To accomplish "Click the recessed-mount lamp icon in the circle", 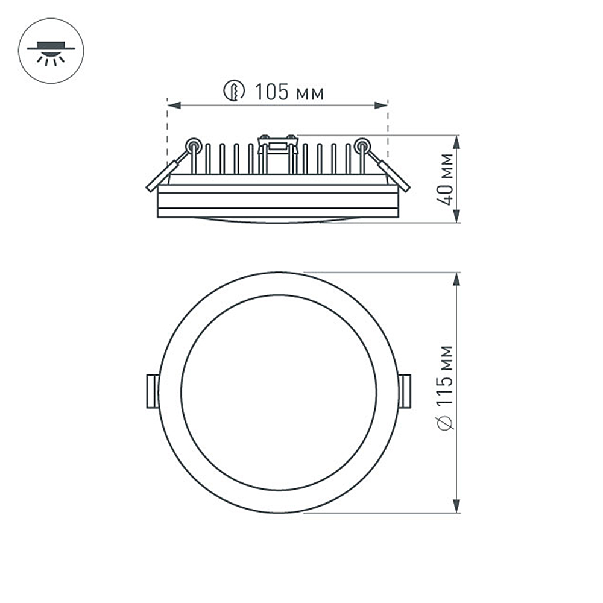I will coord(51,51).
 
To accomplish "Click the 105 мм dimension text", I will coord(289,92).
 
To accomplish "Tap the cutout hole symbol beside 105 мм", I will coord(233,92).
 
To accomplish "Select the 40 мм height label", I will coord(446,179).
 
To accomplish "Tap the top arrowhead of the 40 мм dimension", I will coord(456,142).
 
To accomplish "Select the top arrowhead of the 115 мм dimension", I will coord(456,279).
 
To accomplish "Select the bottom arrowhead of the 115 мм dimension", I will coord(456,506).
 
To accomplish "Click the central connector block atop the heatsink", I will coord(277,144).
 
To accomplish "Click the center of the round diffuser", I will coord(279,393).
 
